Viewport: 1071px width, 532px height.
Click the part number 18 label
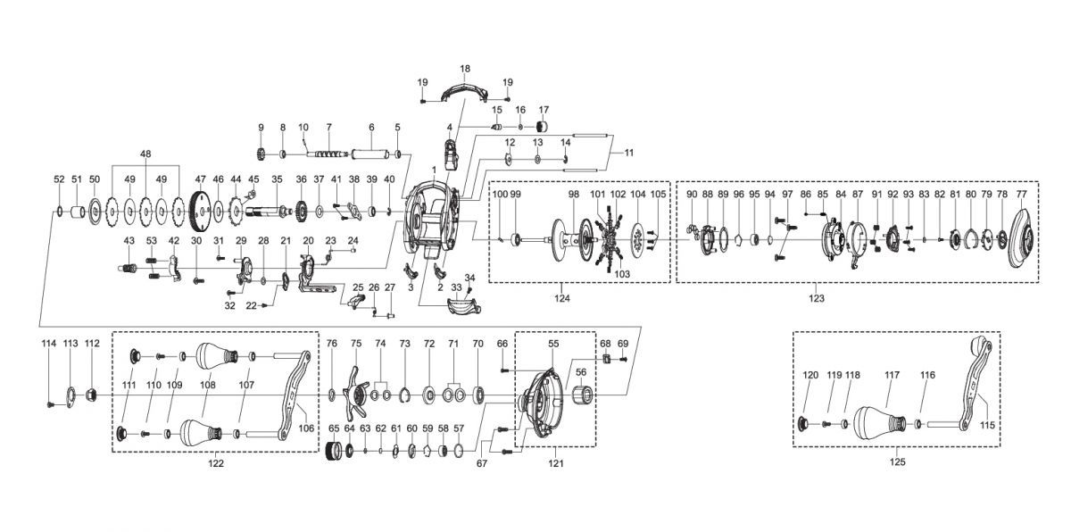tap(464, 69)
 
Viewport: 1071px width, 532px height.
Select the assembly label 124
tap(562, 297)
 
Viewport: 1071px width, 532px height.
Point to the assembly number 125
tap(897, 461)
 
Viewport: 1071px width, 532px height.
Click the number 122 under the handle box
tap(215, 463)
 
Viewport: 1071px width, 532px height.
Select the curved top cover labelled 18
tap(465, 88)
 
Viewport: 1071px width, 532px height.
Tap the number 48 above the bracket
tap(145, 154)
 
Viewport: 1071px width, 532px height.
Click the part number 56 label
tap(580, 372)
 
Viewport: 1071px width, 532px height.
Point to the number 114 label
tap(48, 344)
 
